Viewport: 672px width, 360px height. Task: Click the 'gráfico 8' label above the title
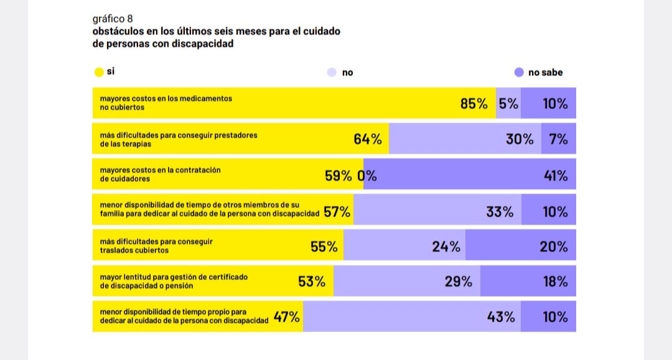(112, 19)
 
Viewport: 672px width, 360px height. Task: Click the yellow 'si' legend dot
(98, 72)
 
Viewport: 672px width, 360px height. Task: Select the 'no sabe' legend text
(545, 73)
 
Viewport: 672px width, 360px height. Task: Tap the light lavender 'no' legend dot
(332, 73)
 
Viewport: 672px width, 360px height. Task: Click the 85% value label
(474, 104)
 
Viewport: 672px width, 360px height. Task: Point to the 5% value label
(508, 104)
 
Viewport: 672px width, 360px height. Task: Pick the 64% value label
(368, 139)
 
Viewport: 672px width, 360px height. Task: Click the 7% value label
(558, 139)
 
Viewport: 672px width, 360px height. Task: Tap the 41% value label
(556, 175)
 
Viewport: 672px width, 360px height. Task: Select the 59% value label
(338, 175)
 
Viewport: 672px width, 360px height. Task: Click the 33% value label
(500, 211)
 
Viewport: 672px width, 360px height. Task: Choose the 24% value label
(446, 247)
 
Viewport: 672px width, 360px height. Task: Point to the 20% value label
(554, 247)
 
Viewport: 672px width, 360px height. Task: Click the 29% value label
(459, 282)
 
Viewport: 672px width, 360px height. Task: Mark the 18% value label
(556, 282)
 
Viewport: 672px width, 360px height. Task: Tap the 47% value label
(287, 317)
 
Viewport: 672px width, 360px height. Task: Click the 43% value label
(501, 317)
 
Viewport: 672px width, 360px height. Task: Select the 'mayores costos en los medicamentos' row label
(166, 99)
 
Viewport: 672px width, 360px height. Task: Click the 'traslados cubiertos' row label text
(134, 251)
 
